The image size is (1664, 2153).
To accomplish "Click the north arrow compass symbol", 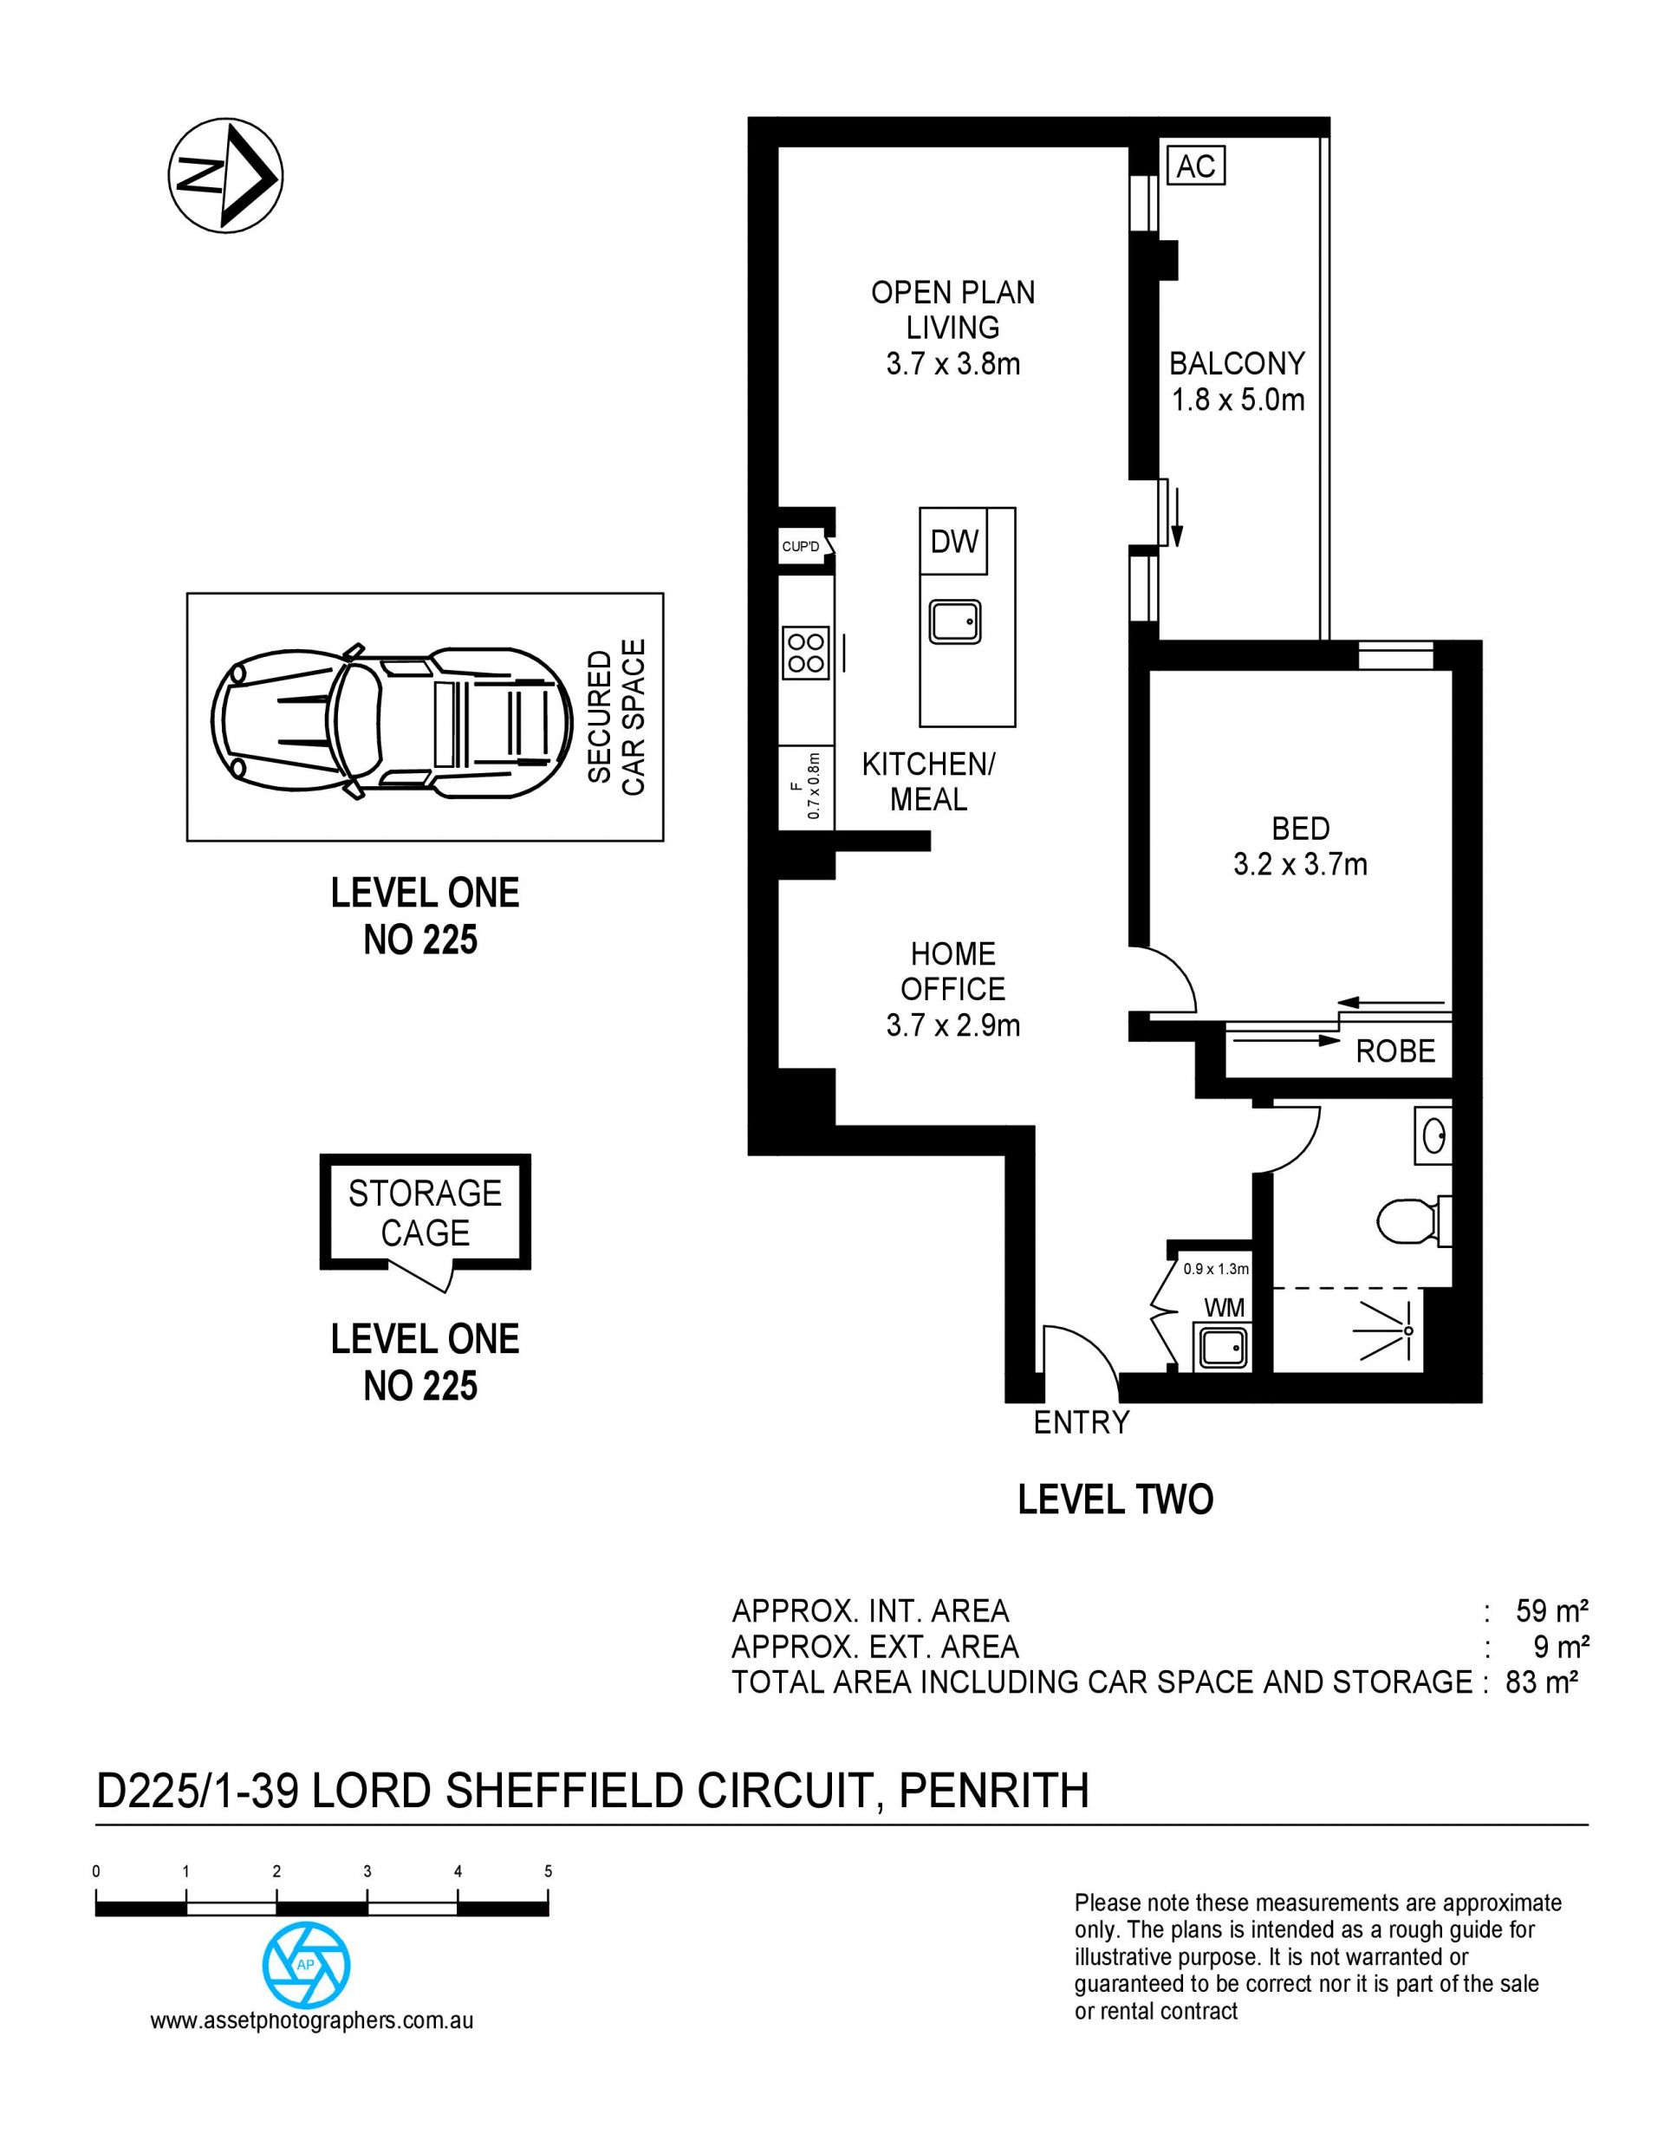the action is pos(225,175).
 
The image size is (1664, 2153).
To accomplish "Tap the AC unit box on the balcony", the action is pos(1196,166).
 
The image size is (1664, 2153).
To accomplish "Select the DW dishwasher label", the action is pos(954,541).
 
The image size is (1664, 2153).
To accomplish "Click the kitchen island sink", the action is pos(954,621).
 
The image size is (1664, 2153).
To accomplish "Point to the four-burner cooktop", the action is pos(805,653).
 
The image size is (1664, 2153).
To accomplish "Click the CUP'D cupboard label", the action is pos(801,546).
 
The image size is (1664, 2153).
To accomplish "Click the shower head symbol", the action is pos(1391,1330).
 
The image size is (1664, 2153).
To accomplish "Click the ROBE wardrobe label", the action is pos(1394,1050).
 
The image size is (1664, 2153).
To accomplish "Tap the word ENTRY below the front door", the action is pos(1082,1422).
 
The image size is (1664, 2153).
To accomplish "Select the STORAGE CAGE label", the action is pos(425,1213).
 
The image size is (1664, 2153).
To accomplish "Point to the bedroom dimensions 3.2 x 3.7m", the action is pos(1300,864).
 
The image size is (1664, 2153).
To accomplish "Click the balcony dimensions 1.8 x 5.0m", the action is pos(1237,400).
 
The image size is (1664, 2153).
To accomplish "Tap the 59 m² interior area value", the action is pos(1551,1610).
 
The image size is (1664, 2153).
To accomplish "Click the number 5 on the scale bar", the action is pos(548,1871).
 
